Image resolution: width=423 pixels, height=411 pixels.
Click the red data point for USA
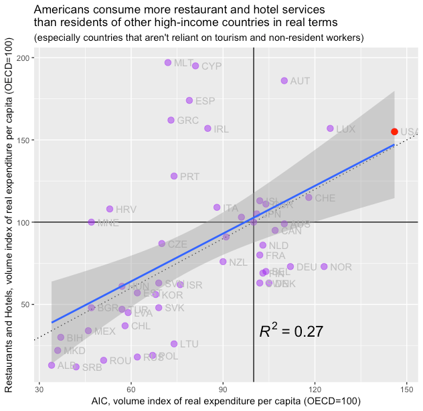[394, 132]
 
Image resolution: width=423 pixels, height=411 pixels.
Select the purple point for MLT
[168, 63]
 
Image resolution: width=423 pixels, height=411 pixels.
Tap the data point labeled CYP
[195, 66]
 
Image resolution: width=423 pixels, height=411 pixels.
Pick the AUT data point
[284, 81]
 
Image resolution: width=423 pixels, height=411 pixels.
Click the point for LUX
[330, 129]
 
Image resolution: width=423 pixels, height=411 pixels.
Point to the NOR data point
[325, 267]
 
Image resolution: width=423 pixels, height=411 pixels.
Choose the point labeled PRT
[174, 176]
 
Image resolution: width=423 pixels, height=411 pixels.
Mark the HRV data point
[110, 209]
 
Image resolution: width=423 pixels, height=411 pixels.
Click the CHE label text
[325, 198]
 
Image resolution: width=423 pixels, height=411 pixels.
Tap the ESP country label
[205, 101]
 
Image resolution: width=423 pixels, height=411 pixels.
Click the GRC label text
[187, 121]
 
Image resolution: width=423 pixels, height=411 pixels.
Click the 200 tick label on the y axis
[26, 58]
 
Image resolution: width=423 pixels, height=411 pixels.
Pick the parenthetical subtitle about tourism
[198, 37]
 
